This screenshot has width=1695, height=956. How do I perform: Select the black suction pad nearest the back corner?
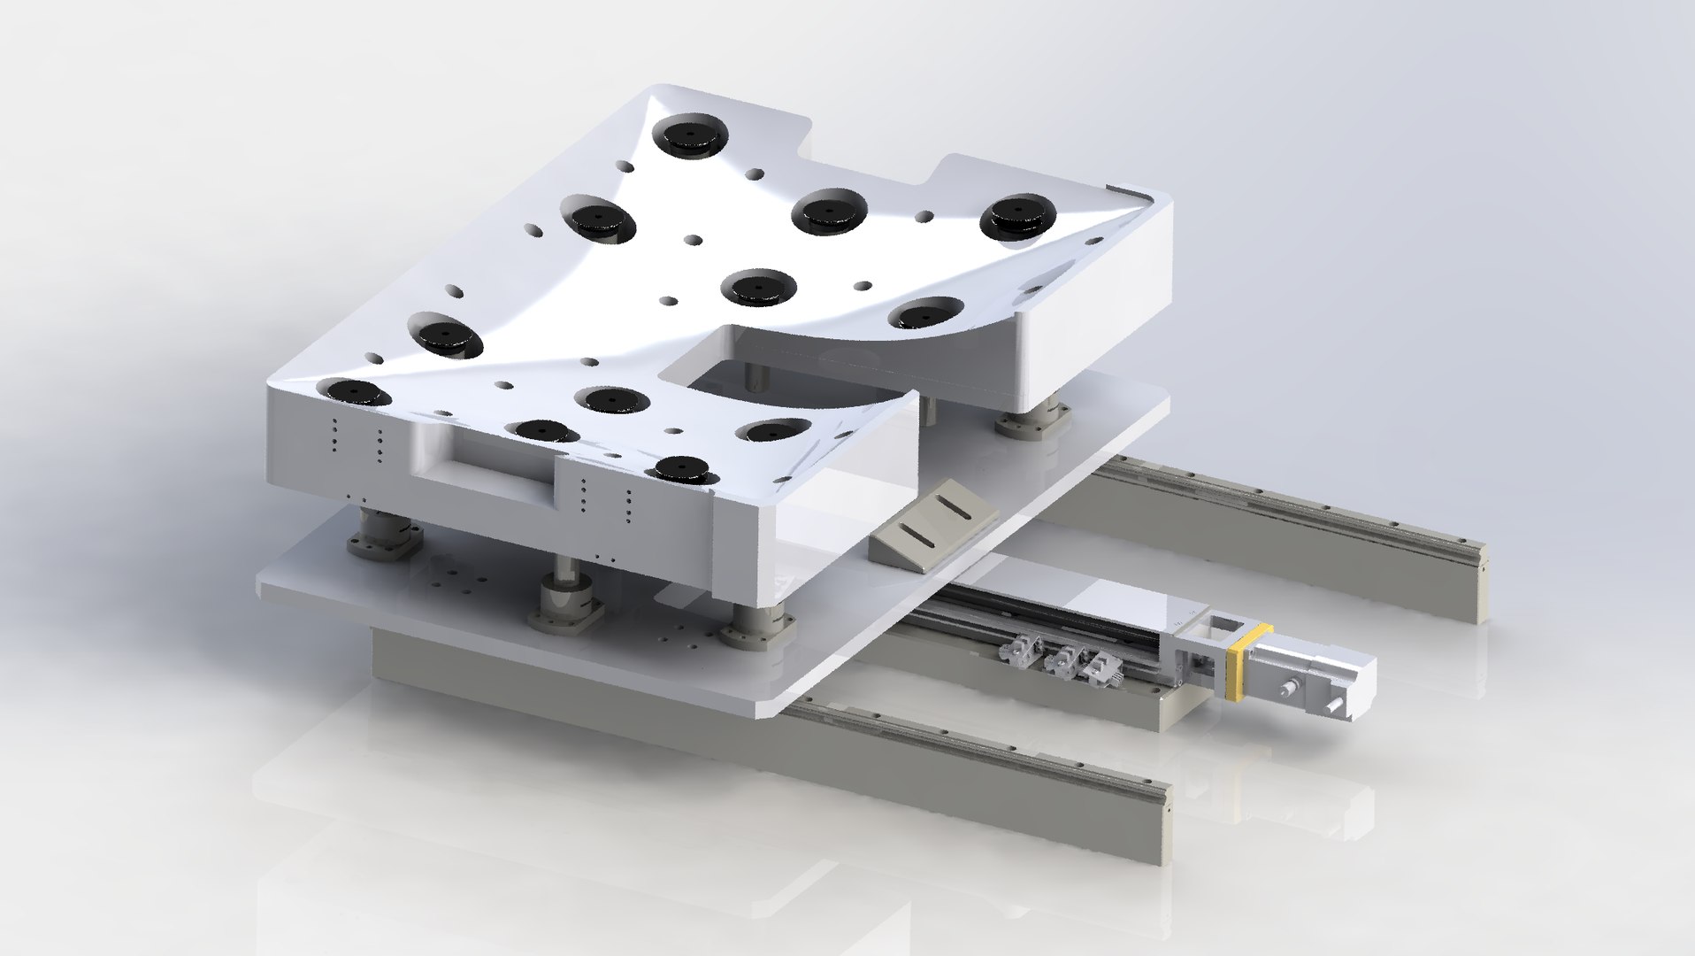pos(688,136)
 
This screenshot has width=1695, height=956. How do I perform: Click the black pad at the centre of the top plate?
pos(758,287)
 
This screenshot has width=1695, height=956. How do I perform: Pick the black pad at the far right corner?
pos(1022,217)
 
